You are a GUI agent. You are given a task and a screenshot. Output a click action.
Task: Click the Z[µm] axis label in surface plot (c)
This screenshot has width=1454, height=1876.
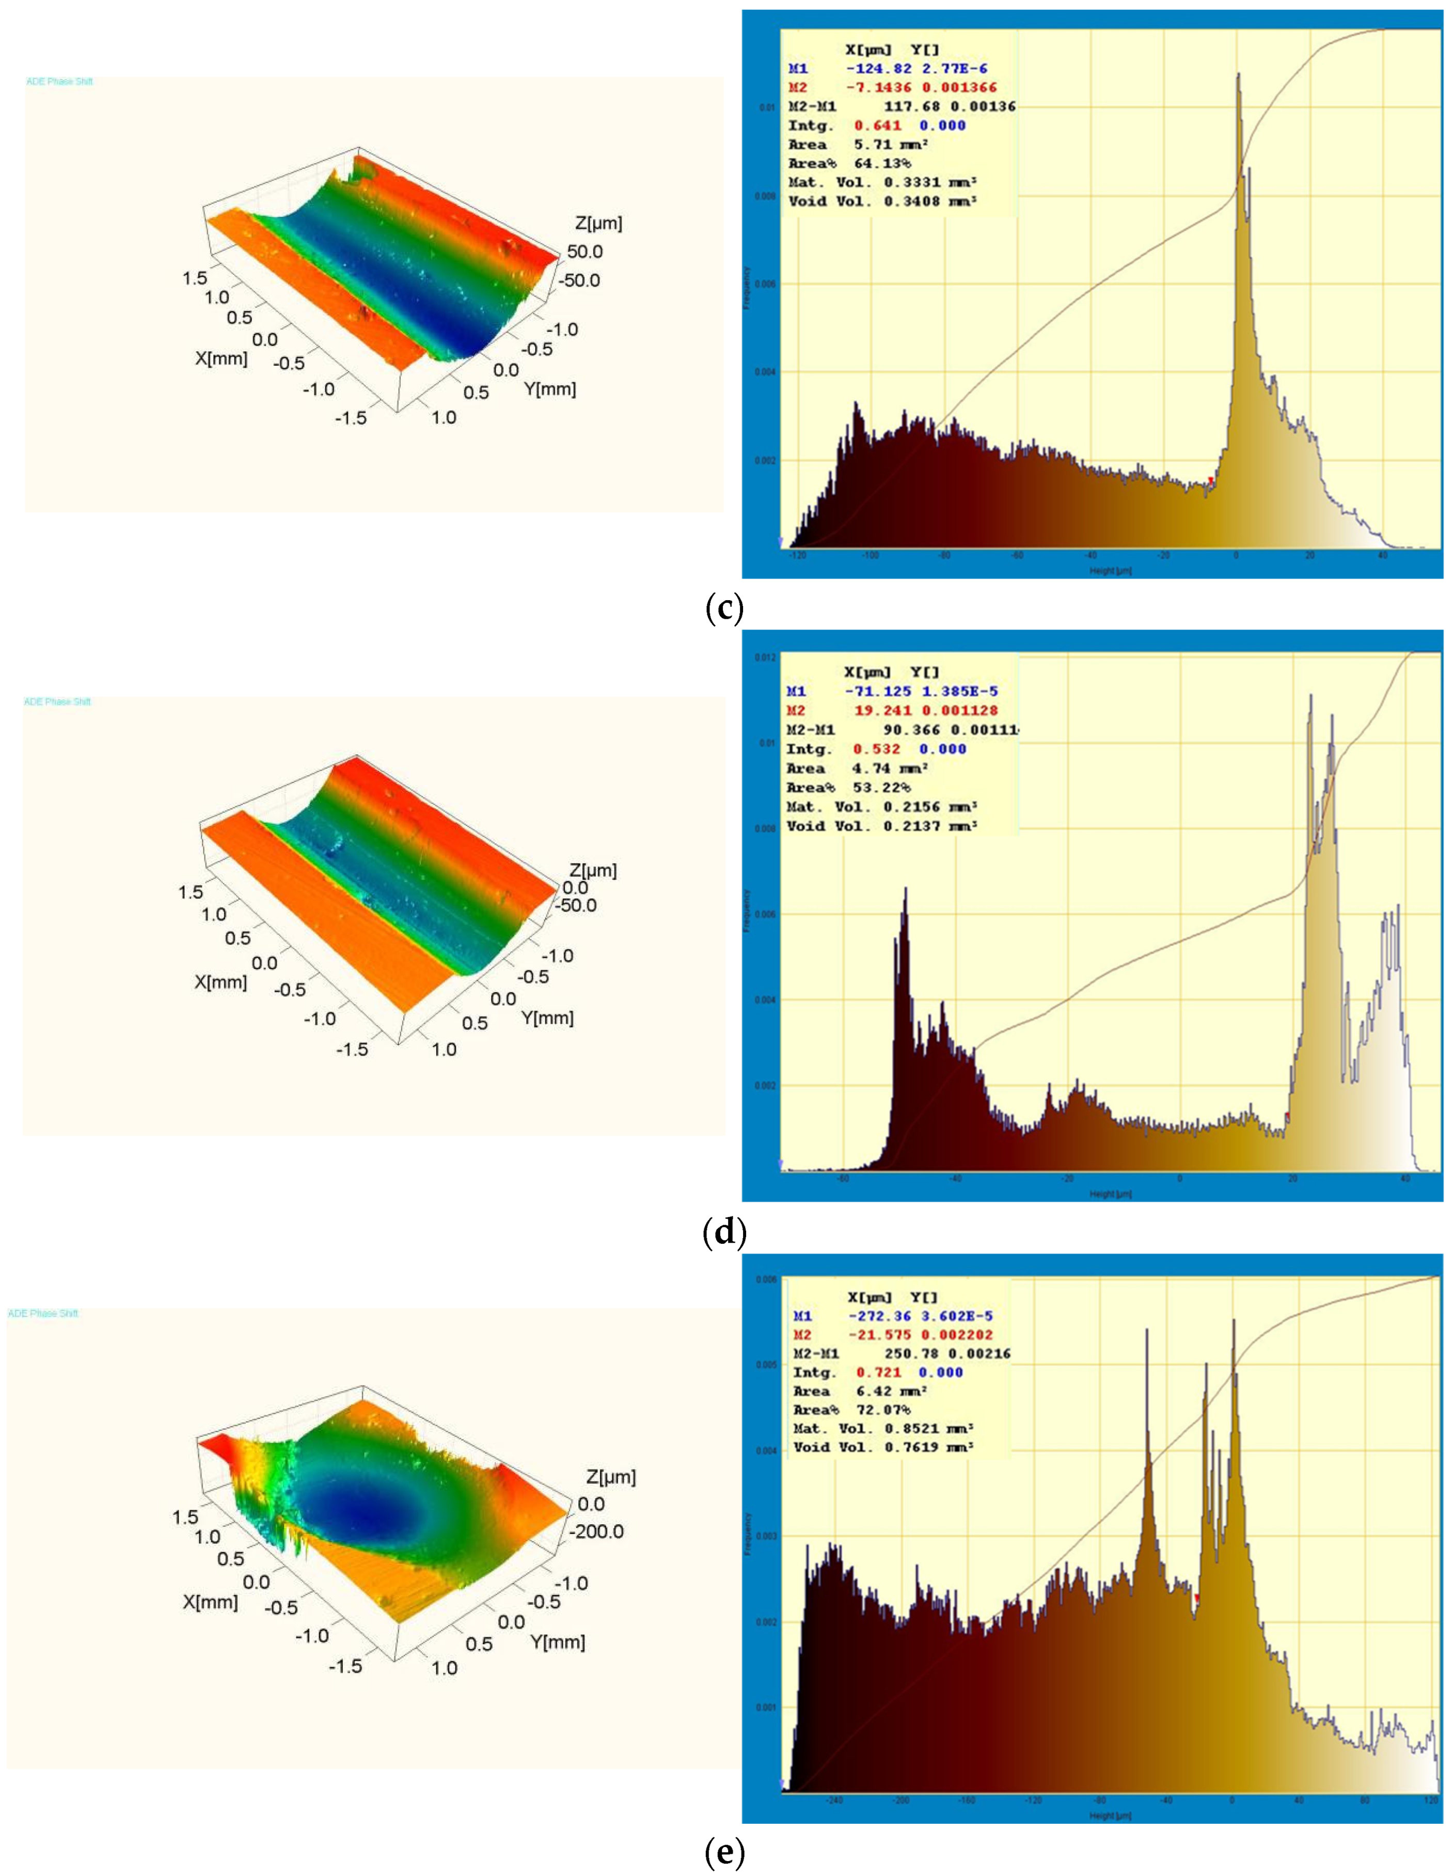(x=598, y=223)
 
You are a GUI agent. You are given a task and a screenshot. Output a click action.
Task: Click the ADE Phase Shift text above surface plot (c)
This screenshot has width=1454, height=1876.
(x=59, y=82)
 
